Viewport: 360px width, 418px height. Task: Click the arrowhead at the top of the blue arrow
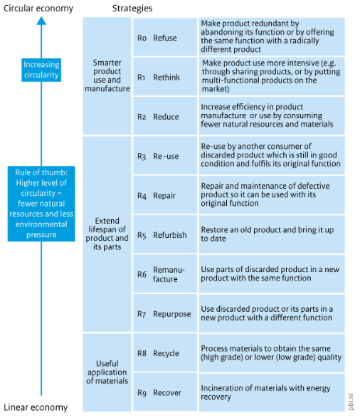(x=41, y=21)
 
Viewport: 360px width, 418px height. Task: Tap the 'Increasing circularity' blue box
(x=41, y=70)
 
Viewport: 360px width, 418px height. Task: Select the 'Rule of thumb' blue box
(x=41, y=204)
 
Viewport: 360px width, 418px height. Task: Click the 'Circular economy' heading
(x=38, y=9)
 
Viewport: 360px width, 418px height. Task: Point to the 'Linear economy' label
(x=36, y=407)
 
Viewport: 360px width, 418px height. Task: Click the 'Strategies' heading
(x=132, y=9)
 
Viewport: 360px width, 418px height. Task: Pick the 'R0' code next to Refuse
(x=142, y=38)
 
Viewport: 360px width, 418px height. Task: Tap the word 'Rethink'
(x=166, y=78)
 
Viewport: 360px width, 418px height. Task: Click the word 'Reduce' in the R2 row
(x=166, y=117)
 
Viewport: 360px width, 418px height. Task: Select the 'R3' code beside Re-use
(x=142, y=157)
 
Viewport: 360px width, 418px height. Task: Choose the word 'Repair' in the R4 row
(x=164, y=196)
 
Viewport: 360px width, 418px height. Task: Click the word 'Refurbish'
(x=170, y=235)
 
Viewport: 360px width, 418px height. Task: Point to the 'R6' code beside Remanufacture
(x=142, y=274)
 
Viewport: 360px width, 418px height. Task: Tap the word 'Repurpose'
(x=172, y=314)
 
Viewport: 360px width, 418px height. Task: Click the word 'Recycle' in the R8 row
(x=166, y=353)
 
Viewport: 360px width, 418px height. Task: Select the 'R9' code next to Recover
(x=142, y=393)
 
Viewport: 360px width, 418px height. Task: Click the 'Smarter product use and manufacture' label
(x=107, y=75)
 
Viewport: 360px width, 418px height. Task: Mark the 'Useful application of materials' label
(x=107, y=372)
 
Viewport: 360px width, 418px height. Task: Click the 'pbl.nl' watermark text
(x=351, y=402)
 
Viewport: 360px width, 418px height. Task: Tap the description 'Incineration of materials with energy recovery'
(x=265, y=392)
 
